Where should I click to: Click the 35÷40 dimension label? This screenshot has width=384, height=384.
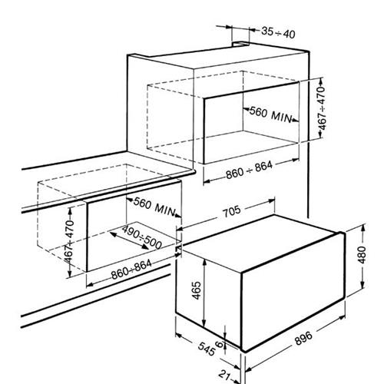point(278,32)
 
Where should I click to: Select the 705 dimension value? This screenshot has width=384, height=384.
point(232,211)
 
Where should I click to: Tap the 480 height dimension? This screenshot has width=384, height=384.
point(362,254)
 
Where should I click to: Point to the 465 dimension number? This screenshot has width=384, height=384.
point(197,290)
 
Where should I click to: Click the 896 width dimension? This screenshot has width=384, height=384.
point(303,338)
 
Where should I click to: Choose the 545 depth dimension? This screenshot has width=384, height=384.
point(207,349)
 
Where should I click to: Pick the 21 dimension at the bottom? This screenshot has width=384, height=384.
point(224,376)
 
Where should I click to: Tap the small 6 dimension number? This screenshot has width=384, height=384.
point(219,344)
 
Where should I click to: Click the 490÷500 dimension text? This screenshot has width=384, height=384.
point(141,237)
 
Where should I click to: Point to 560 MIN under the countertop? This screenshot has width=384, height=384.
point(154,207)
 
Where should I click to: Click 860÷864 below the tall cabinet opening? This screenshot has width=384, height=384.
point(249,170)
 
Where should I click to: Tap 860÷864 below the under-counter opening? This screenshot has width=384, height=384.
point(131,270)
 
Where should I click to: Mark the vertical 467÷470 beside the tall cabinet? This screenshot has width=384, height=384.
point(322,108)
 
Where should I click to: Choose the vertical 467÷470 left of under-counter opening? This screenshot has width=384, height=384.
point(69,241)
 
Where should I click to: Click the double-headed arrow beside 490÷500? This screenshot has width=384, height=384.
point(129,240)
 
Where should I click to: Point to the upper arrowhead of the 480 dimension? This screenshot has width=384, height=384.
point(363,228)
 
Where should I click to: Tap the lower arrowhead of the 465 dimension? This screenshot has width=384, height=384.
point(204,323)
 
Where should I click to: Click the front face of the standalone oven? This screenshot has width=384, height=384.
point(293,291)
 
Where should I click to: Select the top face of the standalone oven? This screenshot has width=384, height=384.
point(260,243)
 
